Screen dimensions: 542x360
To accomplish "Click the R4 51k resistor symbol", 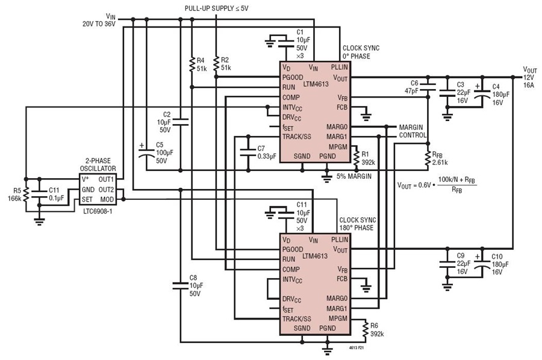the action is pos(192,64).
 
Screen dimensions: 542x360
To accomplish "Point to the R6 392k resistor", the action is pos(366,330).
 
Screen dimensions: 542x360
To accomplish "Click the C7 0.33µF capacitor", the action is pos(248,152).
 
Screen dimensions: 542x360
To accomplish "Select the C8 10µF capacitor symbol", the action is pos(180,285).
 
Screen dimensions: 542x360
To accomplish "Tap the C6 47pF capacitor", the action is pos(428,87).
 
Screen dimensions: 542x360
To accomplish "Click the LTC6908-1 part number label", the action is pos(98,211).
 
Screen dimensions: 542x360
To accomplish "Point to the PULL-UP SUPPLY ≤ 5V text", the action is pos(216,8).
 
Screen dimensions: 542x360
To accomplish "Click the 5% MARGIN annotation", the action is pos(354,176).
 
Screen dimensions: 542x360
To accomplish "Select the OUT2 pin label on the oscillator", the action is pos(106,190).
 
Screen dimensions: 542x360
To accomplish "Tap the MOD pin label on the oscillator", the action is pos(107,200).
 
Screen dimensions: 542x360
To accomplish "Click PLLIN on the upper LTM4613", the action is pos(340,67).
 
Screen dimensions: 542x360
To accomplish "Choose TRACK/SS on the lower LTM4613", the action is pos(296,319).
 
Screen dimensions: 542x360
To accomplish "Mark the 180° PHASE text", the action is pos(356,228).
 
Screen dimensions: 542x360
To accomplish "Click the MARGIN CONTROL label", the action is pos(413,131).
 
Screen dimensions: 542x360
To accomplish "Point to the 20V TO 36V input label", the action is pos(99,24).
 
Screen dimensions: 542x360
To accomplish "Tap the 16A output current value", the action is pos(529,85).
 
